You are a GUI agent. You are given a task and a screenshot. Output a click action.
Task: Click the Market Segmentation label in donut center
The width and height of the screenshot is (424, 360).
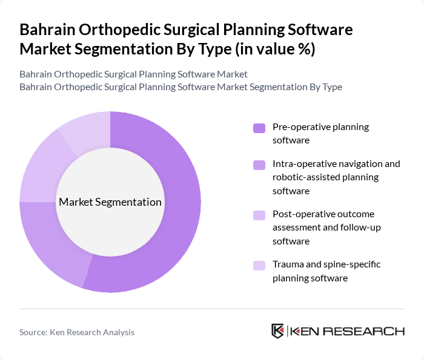coord(110,202)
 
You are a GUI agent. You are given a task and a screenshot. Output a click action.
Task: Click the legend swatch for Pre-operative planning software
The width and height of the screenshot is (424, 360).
coord(259,128)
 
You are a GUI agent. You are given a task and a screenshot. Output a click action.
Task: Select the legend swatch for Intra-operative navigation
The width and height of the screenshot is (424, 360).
coord(259,165)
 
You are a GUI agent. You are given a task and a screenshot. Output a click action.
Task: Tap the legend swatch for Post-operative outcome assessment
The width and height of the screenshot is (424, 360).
coord(259,215)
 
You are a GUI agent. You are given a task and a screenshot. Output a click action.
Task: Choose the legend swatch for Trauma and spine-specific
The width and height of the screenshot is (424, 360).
coord(259,265)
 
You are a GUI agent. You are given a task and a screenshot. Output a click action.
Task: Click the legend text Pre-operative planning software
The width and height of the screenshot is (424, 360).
coord(320,133)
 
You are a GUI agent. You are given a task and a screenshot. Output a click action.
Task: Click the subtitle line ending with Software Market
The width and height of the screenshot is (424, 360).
coord(133,74)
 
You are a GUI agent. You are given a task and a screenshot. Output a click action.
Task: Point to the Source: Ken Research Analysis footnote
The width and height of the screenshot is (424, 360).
coord(77,332)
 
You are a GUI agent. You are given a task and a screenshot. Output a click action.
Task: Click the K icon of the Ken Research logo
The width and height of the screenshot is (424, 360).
coord(278,331)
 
